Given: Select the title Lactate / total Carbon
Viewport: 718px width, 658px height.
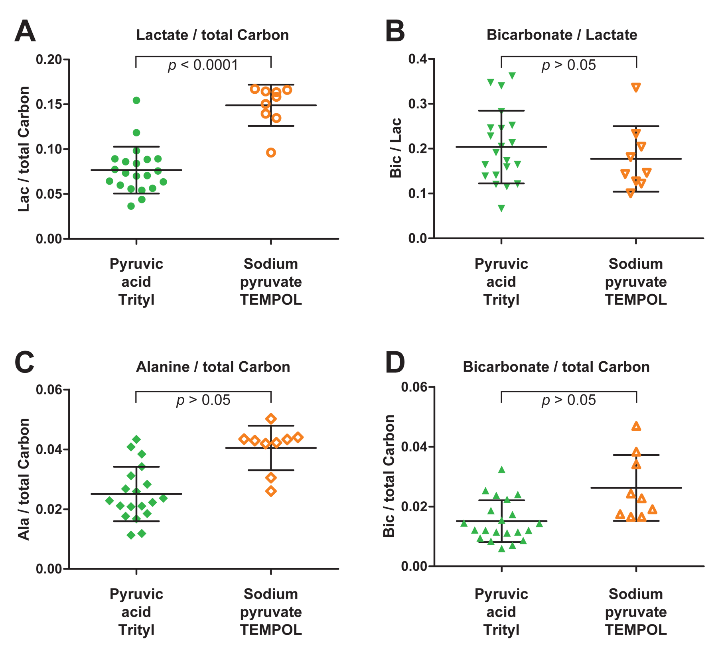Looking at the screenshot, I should (x=212, y=35).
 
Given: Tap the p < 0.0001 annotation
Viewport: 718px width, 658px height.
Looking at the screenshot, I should (x=203, y=65).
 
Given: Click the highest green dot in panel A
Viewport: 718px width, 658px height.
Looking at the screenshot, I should (x=136, y=100).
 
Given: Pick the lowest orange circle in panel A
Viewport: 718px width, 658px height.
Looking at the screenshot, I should (x=271, y=153).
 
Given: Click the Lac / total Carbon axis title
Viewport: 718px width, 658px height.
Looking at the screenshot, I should (x=24, y=149).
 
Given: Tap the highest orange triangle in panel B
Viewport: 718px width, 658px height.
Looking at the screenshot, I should (x=636, y=87).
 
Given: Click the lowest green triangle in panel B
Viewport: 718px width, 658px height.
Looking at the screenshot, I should (x=501, y=208).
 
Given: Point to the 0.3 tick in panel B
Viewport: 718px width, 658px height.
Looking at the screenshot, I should (x=417, y=104).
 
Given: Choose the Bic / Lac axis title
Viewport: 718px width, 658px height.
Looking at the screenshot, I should (x=395, y=148).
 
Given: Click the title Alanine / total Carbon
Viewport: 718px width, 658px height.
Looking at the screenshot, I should (x=213, y=367).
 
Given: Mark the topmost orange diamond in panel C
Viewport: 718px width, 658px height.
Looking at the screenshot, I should (x=271, y=419).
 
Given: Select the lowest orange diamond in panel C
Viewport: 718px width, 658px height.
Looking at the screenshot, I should (x=271, y=491).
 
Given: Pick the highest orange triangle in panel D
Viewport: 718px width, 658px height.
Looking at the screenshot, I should (x=636, y=426).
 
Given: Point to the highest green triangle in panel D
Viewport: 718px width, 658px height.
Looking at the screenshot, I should (x=502, y=470).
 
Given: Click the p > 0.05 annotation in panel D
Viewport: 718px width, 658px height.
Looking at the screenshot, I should (x=568, y=400).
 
